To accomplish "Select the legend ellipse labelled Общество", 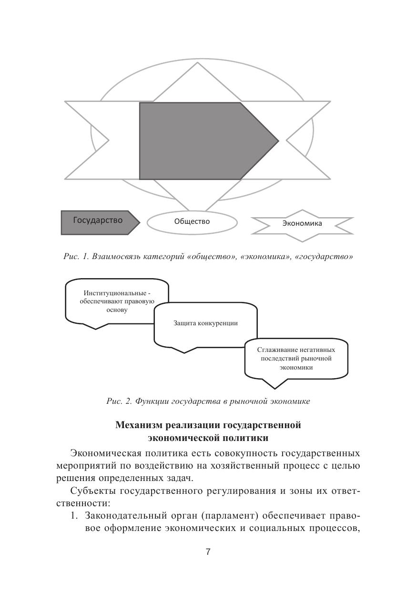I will (x=192, y=221).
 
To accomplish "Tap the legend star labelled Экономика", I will (x=302, y=223).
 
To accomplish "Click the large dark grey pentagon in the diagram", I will (x=200, y=141).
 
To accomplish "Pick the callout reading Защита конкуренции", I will (x=205, y=323).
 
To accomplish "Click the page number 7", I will (x=208, y=552).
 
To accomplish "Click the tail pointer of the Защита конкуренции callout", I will (x=184, y=351).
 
